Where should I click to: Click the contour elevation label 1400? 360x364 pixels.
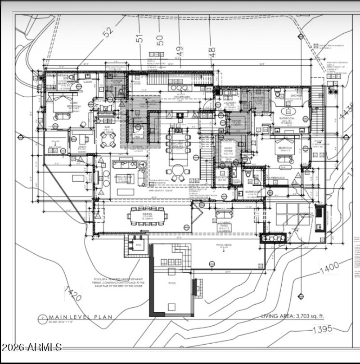coord(329,269)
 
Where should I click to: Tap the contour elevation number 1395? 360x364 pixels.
coord(324,329)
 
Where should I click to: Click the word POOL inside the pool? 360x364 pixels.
coord(172,283)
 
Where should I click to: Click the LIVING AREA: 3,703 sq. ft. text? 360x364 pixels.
coord(299,316)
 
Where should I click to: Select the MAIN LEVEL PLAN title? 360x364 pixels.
coord(81,317)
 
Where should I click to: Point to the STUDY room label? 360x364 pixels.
coord(82,147)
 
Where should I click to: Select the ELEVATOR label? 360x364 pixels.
coord(222,177)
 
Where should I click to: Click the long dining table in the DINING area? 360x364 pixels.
coord(148,216)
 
